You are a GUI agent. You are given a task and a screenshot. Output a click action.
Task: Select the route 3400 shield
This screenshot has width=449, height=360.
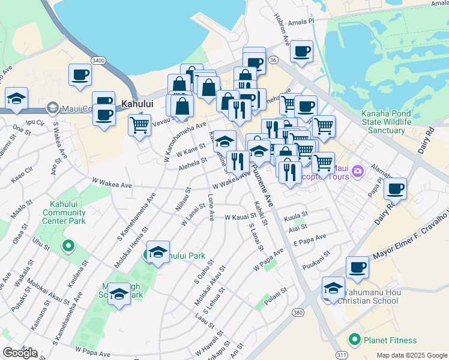pyautogui.click(x=98, y=61)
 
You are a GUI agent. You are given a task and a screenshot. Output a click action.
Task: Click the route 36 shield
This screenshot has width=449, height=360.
pyautogui.click(x=274, y=60)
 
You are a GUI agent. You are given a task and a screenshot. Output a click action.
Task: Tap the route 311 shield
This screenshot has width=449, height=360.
pyautogui.click(x=341, y=355)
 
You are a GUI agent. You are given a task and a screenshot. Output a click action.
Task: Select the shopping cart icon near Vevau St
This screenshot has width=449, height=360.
pyautogui.click(x=139, y=125)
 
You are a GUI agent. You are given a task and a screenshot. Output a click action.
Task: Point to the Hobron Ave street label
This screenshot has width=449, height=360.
pyautogui.click(x=282, y=27)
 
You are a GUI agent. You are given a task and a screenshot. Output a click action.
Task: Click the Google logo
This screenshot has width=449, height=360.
pyautogui.click(x=19, y=353)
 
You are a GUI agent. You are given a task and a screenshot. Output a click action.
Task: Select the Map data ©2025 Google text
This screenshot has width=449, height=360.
pyautogui.click(x=412, y=355)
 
